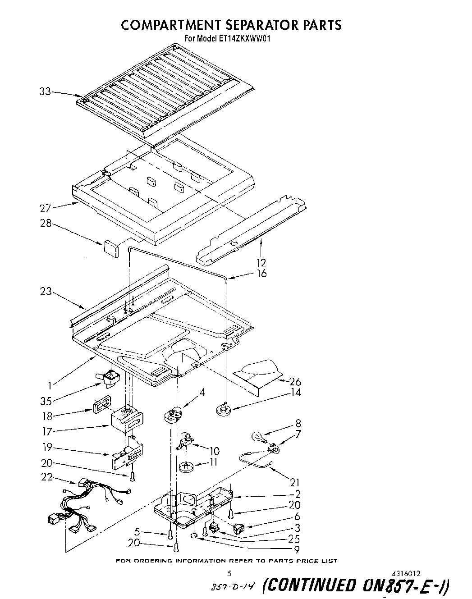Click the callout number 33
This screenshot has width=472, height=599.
tap(45, 91)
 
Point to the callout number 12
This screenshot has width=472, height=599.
tap(261, 262)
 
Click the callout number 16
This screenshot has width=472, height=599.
tap(261, 274)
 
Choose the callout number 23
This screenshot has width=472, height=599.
tap(46, 292)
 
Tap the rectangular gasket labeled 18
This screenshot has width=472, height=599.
tap(100, 405)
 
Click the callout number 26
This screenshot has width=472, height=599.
tap(295, 381)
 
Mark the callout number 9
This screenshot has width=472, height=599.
tap(297, 549)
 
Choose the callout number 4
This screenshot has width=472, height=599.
tap(202, 392)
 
